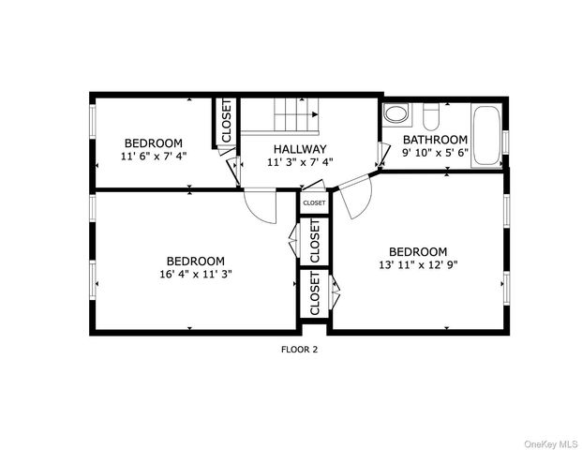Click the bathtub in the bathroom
click(485, 137)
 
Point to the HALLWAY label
click(300, 149)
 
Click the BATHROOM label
click(435, 140)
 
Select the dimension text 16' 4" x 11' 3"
click(196, 275)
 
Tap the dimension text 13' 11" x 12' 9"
click(418, 264)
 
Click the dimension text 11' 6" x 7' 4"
click(154, 156)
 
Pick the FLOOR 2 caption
click(300, 350)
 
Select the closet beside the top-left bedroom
click(225, 123)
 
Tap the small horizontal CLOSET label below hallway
click(314, 202)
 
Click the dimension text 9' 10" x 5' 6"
click(435, 152)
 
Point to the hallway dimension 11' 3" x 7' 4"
click(300, 162)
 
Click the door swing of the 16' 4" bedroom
click(261, 206)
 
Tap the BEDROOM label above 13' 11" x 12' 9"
click(418, 251)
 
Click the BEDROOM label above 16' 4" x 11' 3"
click(196, 261)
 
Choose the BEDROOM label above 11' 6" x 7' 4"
click(154, 142)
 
